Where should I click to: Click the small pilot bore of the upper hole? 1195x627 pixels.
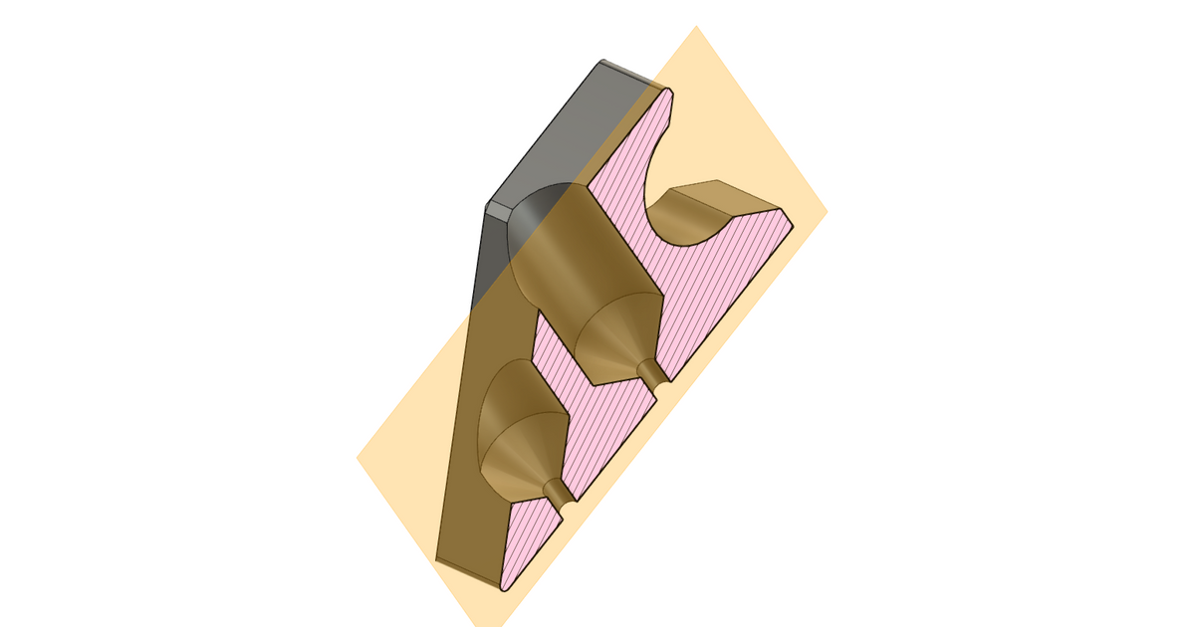pos(653,373)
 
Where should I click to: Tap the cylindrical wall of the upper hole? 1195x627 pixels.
pos(578,249)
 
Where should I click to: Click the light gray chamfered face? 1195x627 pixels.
pos(558,129)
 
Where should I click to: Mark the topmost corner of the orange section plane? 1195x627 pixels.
pos(695,27)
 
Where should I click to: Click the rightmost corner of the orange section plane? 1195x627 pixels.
pos(827,212)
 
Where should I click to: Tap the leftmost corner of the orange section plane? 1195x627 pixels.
pos(358,458)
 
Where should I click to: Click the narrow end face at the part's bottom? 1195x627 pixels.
pos(468,570)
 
